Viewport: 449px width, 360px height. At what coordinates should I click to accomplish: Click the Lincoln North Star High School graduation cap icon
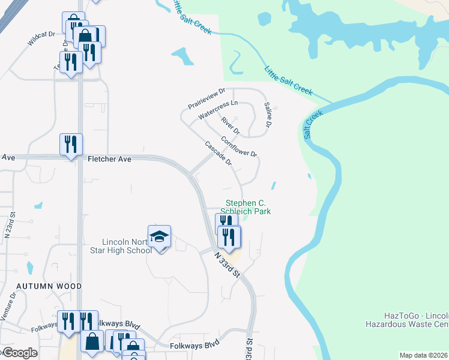click(160, 237)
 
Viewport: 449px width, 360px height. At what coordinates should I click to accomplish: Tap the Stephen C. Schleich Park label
click(248, 208)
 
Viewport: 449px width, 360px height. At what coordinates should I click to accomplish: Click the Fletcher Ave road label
click(109, 159)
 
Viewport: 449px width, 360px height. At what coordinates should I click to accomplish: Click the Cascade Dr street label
click(218, 154)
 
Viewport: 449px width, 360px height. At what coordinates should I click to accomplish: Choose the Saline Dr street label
click(268, 115)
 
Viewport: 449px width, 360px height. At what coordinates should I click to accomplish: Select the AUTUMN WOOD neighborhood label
click(41, 287)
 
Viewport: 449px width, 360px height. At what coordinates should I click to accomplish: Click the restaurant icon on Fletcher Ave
click(70, 145)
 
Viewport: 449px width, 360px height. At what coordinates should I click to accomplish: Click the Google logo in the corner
click(18, 353)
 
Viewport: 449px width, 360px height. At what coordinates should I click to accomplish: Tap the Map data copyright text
click(423, 355)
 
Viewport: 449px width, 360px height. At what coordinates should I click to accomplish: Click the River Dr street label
click(230, 126)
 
